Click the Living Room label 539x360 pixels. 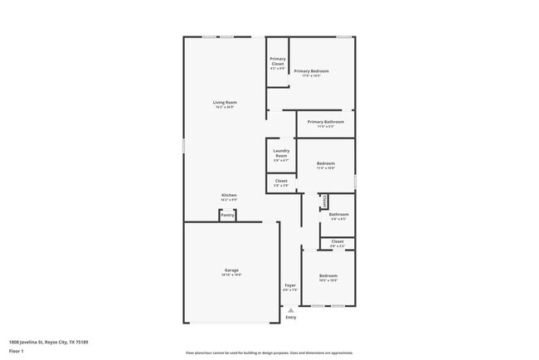point(225,103)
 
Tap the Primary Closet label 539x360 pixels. point(278,61)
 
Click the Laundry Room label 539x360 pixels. point(281,153)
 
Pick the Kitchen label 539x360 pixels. point(229,196)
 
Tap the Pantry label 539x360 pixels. point(227,215)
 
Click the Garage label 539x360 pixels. point(231,270)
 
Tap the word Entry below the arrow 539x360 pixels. point(290,317)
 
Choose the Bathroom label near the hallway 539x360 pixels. point(338,215)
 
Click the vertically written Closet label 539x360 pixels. point(325,201)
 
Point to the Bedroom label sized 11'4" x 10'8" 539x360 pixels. point(326,163)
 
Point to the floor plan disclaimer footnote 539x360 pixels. point(269,352)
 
